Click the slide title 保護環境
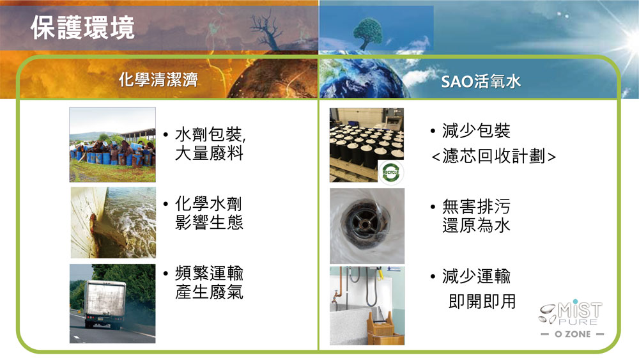point(82,27)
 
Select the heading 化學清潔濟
point(158,79)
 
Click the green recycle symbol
point(390,172)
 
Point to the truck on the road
point(105,304)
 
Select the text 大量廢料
point(209,153)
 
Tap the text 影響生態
point(209,223)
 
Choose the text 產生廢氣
point(209,292)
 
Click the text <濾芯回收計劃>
point(493,156)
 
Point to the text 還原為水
point(477,225)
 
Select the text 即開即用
point(482,302)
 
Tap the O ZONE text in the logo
point(573,334)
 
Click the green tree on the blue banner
point(368,33)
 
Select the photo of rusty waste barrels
point(112,145)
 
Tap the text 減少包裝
point(477,131)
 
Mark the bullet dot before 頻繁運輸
point(166,273)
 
